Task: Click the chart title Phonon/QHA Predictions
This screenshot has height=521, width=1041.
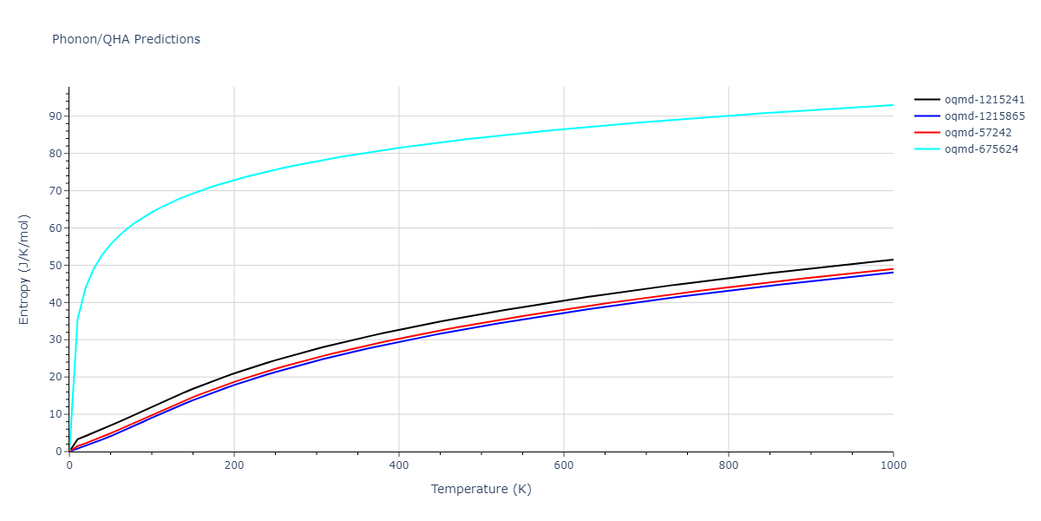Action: [126, 39]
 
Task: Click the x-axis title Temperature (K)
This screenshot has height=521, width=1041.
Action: [481, 490]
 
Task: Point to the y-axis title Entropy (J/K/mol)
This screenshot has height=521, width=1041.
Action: [24, 269]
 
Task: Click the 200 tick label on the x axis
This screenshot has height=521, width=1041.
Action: [233, 465]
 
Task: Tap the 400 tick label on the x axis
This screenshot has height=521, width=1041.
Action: [398, 465]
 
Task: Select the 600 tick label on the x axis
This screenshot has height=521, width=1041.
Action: [563, 465]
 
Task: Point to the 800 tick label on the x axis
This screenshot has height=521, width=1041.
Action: [728, 465]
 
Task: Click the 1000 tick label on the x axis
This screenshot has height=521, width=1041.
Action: [893, 465]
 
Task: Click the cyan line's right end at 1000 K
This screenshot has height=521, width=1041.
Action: [893, 105]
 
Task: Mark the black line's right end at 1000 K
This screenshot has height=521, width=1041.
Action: [893, 260]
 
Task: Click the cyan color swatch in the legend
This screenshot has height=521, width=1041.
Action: [927, 149]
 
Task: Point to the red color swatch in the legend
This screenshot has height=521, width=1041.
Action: [927, 133]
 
